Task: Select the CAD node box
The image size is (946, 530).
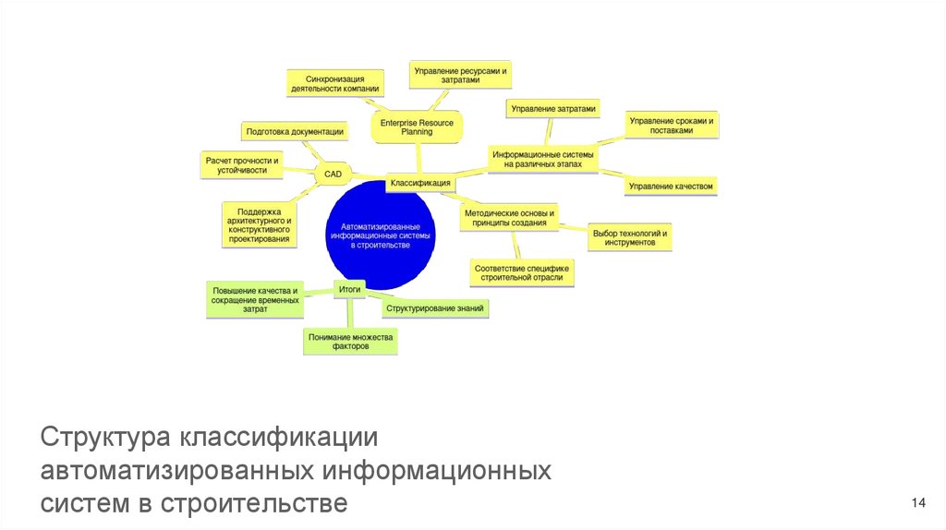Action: [x=332, y=174]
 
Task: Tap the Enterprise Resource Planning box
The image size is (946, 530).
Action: [x=416, y=127]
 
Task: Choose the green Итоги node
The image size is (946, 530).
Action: [x=349, y=289]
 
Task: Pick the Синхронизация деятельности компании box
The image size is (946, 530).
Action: [x=334, y=82]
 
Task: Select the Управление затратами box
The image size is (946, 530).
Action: [x=554, y=109]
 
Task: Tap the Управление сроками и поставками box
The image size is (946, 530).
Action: [x=672, y=126]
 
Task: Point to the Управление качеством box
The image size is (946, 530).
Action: [x=672, y=187]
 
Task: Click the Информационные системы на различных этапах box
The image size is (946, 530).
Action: [x=543, y=159]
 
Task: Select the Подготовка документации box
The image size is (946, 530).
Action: [x=296, y=132]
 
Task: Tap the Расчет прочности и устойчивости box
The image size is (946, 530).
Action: [x=242, y=165]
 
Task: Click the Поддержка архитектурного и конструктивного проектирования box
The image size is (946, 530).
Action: [x=260, y=224]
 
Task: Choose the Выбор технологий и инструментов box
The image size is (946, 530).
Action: [x=630, y=237]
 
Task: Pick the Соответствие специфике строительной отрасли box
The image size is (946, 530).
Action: [x=522, y=272]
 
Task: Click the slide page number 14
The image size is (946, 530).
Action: [x=917, y=502]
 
